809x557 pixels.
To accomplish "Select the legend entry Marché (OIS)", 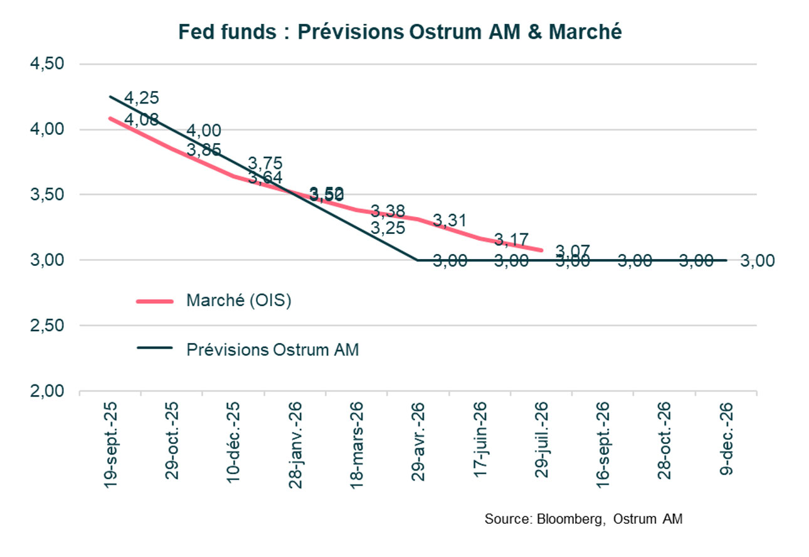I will pos(239,301).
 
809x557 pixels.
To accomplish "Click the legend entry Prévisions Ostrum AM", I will pos(273,349).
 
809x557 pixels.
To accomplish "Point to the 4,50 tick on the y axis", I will pos(48,65).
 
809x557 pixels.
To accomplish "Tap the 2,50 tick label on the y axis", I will pos(48,326).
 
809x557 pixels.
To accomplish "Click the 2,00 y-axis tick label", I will pos(48,391).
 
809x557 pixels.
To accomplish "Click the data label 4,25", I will pos(141,98).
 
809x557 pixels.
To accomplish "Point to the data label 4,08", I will pos(141,119).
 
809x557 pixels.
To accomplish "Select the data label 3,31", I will pos(450,220).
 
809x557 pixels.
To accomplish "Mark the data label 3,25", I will pos(388,228).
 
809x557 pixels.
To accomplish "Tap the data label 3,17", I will pos(511,239).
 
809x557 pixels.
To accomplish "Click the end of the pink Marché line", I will pos(541,250).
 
